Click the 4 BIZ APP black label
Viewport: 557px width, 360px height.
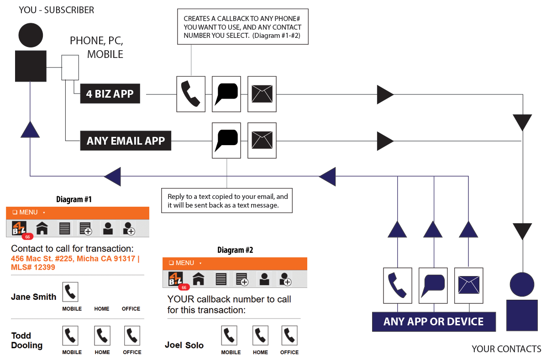point(110,94)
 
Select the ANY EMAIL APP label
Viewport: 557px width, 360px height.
point(126,141)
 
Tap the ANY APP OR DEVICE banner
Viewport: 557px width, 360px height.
point(433,321)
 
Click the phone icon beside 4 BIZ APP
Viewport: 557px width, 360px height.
point(191,94)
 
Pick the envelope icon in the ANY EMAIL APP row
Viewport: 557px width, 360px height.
point(262,141)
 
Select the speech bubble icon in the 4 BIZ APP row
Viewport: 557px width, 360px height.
point(226,94)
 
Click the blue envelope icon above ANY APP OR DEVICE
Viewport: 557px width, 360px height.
point(468,286)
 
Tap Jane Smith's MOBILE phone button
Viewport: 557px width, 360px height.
point(70,292)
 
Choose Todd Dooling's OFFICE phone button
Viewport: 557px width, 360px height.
point(132,336)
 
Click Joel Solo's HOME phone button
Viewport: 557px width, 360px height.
point(260,336)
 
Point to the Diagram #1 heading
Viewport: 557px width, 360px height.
point(74,199)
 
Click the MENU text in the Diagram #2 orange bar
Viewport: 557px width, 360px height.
point(184,263)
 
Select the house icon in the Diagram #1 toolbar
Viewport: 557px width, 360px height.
point(42,228)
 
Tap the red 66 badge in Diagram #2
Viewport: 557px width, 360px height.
point(184,287)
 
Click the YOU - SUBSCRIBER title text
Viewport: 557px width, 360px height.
point(56,10)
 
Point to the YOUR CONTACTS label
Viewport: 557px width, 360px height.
point(506,349)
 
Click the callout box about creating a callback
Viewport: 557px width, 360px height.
point(242,27)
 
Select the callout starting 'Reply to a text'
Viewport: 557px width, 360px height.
point(227,201)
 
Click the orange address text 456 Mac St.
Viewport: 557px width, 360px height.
point(74,263)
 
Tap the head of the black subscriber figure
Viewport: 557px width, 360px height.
point(31,35)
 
